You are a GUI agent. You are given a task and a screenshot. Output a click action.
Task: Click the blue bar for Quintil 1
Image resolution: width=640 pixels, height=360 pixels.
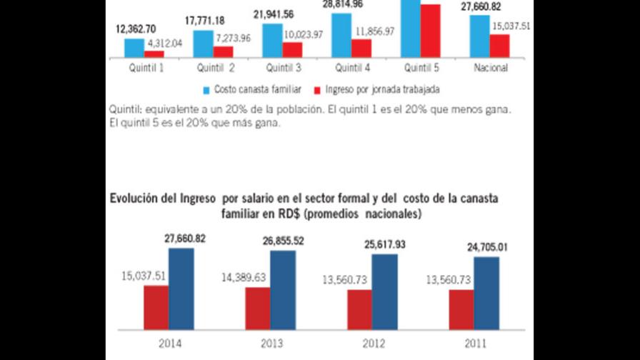pyautogui.click(x=134, y=47)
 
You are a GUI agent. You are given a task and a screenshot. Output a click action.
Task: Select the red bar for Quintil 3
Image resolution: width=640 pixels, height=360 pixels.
pyautogui.click(x=291, y=49)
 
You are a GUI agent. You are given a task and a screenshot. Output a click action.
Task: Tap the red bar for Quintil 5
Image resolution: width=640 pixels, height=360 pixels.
pyautogui.click(x=430, y=30)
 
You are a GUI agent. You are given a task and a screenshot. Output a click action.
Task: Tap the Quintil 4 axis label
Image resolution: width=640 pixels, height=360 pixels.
pyautogui.click(x=354, y=68)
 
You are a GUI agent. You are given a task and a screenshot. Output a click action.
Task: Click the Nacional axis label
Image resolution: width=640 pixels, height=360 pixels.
pyautogui.click(x=491, y=68)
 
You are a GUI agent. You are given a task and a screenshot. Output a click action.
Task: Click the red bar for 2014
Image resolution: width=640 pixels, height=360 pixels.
pyautogui.click(x=156, y=309)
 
